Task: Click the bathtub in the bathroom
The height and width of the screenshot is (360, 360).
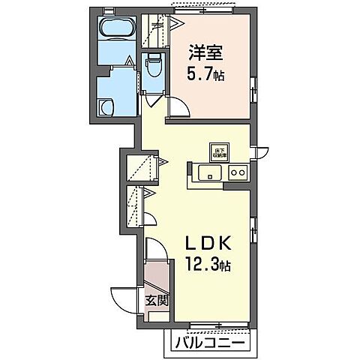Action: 117,31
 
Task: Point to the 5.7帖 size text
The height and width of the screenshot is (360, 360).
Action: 205,75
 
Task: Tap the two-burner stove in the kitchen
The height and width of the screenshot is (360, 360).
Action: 238,172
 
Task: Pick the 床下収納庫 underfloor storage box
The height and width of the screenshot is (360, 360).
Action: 217,150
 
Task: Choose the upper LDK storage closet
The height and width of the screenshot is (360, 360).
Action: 142,166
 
